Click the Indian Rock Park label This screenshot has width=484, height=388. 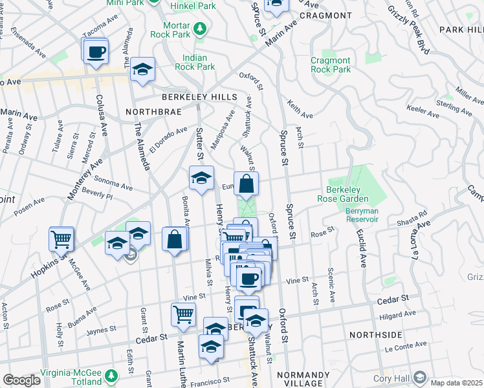coord(198,61)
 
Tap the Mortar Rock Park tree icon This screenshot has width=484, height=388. coord(201,29)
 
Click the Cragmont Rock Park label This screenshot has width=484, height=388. coord(331,65)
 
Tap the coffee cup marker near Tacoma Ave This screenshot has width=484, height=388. coord(96,52)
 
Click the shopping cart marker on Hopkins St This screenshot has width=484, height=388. coord(61,239)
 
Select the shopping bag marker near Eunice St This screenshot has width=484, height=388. coord(247,185)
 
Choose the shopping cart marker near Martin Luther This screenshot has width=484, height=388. coord(183,315)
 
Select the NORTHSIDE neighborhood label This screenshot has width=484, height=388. coord(375,335)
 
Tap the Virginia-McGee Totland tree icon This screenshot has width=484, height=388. coord(111,375)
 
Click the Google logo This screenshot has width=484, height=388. coord(21,380)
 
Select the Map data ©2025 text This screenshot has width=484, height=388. coord(456,383)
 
